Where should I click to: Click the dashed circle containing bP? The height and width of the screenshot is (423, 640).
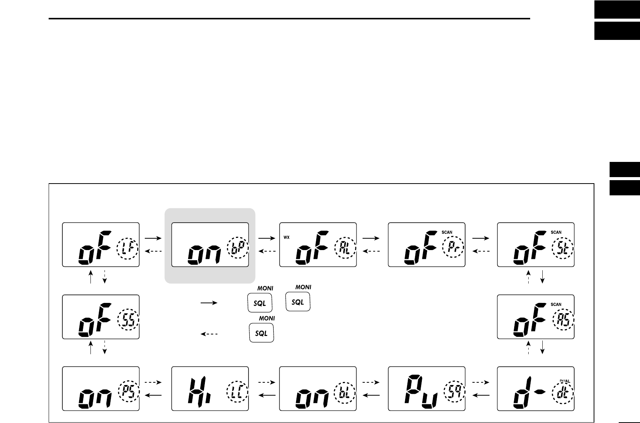tap(238, 249)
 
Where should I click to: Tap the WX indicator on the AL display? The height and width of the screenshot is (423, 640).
tap(287, 238)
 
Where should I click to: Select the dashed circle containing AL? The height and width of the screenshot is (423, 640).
tap(345, 249)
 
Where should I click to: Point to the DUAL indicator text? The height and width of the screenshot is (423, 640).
tap(565, 381)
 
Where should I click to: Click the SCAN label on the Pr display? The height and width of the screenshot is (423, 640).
tap(447, 232)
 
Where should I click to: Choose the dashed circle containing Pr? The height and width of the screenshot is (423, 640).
tap(454, 249)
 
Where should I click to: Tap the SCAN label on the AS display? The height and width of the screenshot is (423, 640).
tap(556, 304)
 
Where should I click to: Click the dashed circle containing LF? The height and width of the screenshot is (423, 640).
tap(128, 249)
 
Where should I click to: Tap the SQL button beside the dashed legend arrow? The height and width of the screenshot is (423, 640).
tap(261, 333)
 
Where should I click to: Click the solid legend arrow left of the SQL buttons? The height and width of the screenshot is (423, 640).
tap(209, 303)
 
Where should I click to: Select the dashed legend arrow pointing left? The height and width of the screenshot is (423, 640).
tap(209, 334)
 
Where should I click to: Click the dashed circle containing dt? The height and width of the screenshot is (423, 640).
tap(563, 393)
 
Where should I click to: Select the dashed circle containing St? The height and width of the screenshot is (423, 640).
tap(563, 249)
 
